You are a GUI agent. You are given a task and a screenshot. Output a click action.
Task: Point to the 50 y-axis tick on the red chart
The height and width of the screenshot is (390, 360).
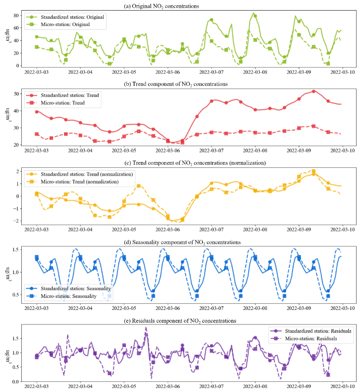(15, 94)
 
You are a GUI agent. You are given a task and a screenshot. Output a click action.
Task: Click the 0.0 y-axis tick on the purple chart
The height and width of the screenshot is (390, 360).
(14, 382)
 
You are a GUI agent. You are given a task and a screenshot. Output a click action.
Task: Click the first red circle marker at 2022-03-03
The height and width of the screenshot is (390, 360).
(37, 112)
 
